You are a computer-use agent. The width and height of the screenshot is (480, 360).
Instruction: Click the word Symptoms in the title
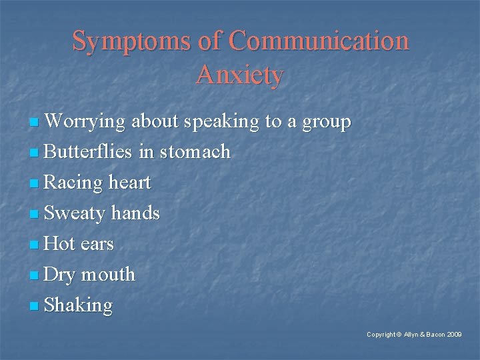[x=131, y=41]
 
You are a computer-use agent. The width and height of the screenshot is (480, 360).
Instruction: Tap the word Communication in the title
[x=319, y=41]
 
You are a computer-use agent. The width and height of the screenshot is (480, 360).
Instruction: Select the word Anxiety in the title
[x=240, y=75]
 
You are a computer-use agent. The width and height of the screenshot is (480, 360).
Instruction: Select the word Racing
[x=73, y=183]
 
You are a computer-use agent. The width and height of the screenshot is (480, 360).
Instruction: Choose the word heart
[x=129, y=183]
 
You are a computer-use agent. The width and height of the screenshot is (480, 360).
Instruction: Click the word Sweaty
[x=74, y=214]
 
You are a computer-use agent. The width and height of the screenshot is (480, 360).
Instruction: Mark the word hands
[x=135, y=213]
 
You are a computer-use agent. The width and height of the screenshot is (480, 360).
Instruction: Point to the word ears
[x=97, y=245]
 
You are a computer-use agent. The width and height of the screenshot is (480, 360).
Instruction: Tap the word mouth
[x=108, y=275]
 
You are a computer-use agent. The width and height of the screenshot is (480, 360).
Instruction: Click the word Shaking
[x=78, y=306]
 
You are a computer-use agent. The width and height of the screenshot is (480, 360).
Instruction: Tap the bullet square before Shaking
[x=35, y=307]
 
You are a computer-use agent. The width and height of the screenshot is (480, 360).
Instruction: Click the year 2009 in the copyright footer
[x=453, y=334]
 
